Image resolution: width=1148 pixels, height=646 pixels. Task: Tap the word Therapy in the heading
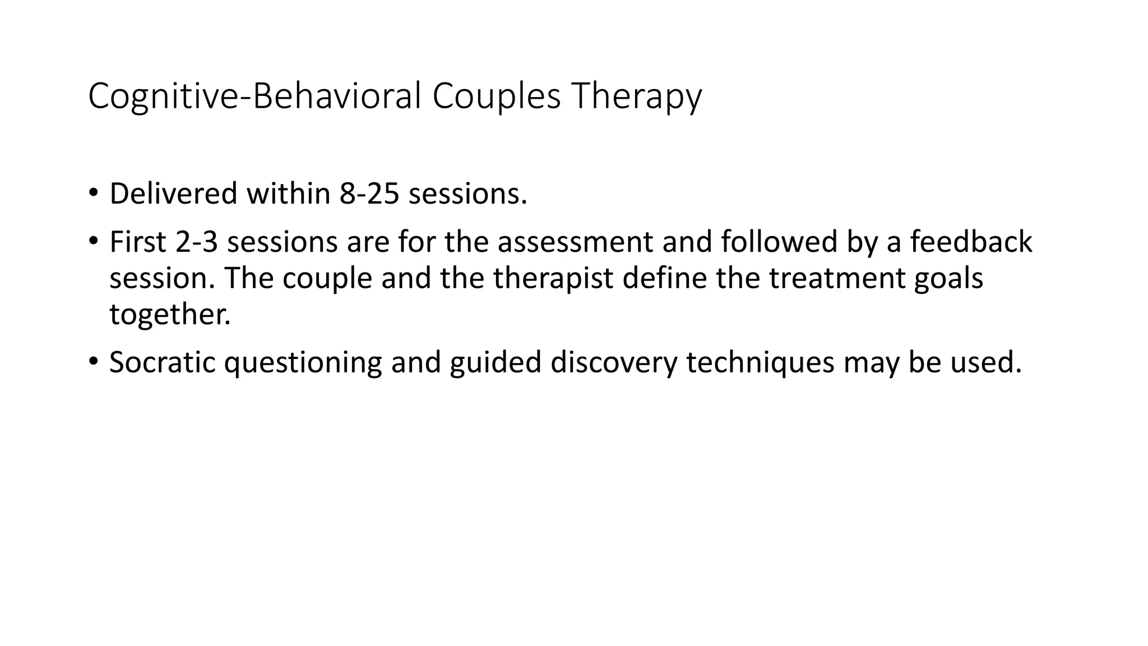(636, 96)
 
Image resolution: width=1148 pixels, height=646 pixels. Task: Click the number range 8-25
(369, 194)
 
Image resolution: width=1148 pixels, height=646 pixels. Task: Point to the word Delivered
(173, 194)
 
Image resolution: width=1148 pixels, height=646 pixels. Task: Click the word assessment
(575, 242)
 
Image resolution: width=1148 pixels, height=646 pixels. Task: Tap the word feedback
(971, 242)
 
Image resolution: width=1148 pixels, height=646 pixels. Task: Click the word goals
(948, 279)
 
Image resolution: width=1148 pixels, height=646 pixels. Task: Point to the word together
(170, 315)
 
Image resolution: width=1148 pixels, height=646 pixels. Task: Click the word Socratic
(163, 363)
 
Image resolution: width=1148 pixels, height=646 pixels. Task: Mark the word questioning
(303, 363)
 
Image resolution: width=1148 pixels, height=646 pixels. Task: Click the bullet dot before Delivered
(93, 193)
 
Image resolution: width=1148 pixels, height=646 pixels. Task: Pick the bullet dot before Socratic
(93, 362)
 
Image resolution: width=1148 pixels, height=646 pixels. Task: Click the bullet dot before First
(93, 242)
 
